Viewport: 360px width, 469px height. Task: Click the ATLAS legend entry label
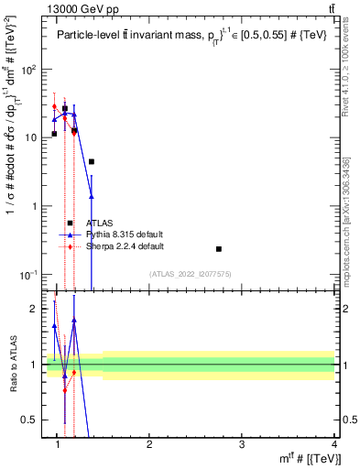coord(99,223)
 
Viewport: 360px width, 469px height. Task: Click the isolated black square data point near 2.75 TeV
coord(219,248)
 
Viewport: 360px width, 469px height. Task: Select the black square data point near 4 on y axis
coord(92,161)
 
